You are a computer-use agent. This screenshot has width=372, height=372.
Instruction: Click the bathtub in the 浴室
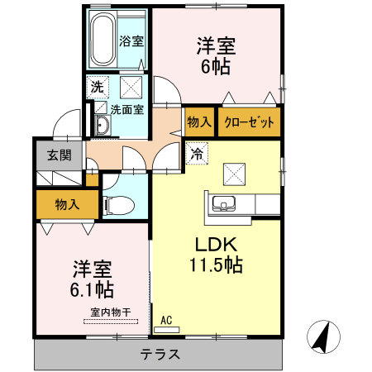click(x=102, y=39)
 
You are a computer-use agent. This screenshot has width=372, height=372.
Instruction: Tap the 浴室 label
click(x=130, y=40)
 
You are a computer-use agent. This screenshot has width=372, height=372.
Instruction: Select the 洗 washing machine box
click(x=97, y=85)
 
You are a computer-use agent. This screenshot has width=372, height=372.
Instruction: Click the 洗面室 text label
click(x=127, y=107)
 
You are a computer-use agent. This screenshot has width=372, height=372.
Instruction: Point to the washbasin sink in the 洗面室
click(x=101, y=126)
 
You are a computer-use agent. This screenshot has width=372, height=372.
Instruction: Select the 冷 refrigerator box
click(x=197, y=152)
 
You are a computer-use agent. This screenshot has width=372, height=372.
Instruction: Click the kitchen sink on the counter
click(x=224, y=204)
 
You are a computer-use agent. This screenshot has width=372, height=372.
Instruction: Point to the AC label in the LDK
click(x=166, y=320)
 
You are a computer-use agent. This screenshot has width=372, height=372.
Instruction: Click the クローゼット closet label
click(x=249, y=122)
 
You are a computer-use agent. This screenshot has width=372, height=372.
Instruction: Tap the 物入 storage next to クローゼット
click(x=200, y=122)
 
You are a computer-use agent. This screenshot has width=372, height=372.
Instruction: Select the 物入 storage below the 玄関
click(x=67, y=203)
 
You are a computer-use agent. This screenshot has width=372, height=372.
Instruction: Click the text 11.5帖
click(x=217, y=265)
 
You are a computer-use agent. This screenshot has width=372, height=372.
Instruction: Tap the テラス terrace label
click(x=157, y=354)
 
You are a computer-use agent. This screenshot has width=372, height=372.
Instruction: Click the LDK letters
click(x=217, y=245)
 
